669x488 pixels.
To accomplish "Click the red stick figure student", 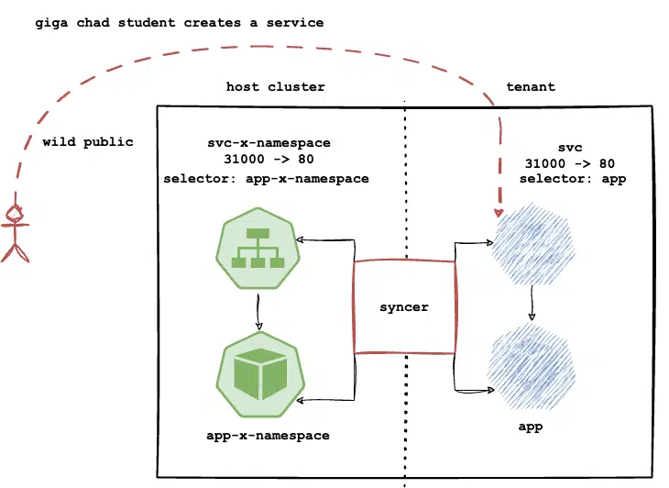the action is (x=16, y=233).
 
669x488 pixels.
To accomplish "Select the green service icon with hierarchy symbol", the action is (x=258, y=249).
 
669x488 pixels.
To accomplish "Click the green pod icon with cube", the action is (x=260, y=375).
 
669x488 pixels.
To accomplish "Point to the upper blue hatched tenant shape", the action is (x=533, y=244).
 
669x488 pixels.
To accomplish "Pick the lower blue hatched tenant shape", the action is (x=532, y=366).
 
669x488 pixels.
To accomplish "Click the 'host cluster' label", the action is (x=275, y=86).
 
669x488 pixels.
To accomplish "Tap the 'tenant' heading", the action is (x=531, y=86).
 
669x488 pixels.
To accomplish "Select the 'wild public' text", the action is (x=88, y=142).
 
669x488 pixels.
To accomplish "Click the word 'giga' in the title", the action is (x=51, y=23).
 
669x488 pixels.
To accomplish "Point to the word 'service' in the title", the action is (x=295, y=23).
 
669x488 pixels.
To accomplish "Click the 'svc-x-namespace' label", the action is (x=269, y=142).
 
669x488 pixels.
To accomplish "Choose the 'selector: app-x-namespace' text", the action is (x=267, y=179).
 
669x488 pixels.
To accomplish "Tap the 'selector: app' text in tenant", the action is (x=573, y=179).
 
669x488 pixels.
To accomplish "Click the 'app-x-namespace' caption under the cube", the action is (x=268, y=436).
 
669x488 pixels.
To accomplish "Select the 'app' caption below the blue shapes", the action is (x=531, y=427).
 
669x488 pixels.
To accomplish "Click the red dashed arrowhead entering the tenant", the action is (x=499, y=212).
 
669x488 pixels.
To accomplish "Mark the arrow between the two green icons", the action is (x=258, y=311).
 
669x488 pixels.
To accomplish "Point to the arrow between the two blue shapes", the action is (x=532, y=303).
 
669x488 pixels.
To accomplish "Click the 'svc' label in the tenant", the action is (x=570, y=148).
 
